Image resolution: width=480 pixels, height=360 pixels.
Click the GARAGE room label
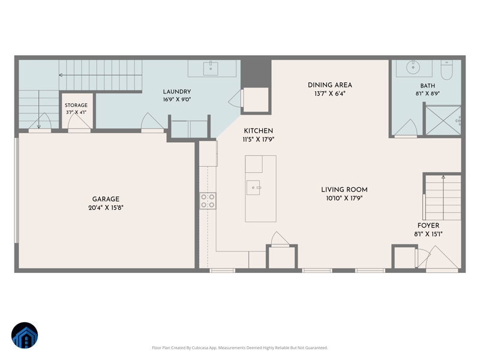pos(106,199)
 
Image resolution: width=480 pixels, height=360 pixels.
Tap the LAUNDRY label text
pos(177,92)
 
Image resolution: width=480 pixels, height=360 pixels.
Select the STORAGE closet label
pos(76,105)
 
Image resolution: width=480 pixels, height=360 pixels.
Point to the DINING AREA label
pos(329,85)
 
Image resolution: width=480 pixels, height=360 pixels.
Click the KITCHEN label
pos(259,131)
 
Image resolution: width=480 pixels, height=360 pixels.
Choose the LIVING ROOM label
pos(344,190)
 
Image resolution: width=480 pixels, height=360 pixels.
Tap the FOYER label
pos(428,226)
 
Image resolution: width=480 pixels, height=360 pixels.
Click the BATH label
pos(428,86)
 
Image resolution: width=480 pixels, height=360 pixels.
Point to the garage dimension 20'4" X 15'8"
pos(106,208)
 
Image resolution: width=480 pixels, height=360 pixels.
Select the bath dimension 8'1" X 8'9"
pos(428,94)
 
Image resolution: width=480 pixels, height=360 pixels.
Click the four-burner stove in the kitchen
pos(208,201)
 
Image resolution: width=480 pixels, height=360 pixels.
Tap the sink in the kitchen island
pos(253,187)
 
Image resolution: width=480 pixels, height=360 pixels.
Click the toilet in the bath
pos(446,70)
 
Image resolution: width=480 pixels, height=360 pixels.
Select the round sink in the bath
pos(413,67)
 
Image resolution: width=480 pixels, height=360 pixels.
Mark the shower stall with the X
pos(443,120)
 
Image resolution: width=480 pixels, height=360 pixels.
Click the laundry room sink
pos(211,68)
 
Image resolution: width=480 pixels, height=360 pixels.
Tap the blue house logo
pos(25,335)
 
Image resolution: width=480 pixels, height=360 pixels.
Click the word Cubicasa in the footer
pos(200,348)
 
